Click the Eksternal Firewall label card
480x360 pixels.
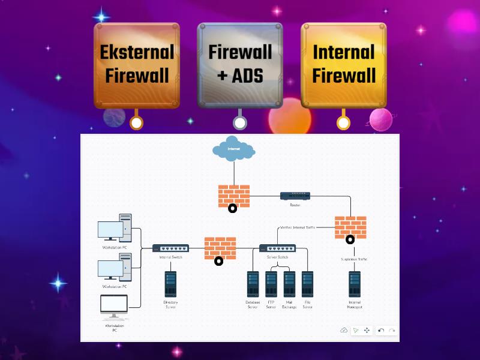(x=137, y=65)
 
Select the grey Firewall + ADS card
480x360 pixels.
(x=240, y=65)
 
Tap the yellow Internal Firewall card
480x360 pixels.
(x=343, y=65)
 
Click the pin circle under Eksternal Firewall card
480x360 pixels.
(x=137, y=123)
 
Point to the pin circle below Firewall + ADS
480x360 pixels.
(x=240, y=123)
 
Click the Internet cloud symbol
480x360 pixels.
(x=233, y=150)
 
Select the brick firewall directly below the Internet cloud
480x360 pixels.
(x=234, y=196)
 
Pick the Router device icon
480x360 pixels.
(x=295, y=196)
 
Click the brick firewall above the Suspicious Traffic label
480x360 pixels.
(x=350, y=227)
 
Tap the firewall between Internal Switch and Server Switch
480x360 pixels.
(x=220, y=248)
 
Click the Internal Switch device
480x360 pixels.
(x=170, y=248)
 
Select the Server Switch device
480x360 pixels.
(x=277, y=248)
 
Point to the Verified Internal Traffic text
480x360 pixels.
(x=298, y=227)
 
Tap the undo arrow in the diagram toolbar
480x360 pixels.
(x=380, y=331)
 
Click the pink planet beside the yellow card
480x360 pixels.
(x=380, y=120)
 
